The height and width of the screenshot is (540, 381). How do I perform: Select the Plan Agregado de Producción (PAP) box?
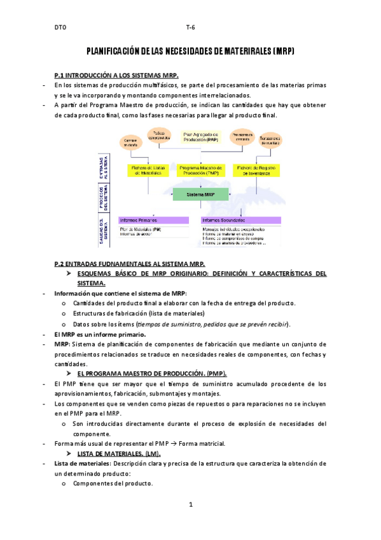pos(200,137)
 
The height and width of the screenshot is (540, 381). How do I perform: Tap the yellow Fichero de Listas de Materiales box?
pos(148,170)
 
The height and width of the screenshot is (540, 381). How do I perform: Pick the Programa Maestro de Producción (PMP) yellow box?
pos(200,170)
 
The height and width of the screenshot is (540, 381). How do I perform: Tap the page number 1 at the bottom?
pos(190,505)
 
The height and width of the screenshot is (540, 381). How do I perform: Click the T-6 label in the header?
pos(190,28)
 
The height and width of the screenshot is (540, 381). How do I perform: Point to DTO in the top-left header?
pos(60,28)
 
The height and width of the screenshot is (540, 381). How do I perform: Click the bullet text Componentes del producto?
pos(113,483)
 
